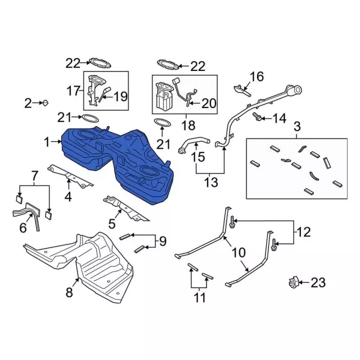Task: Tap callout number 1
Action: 47,143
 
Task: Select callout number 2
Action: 28,103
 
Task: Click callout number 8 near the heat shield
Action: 70,292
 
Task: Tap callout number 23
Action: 318,283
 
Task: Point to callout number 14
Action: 280,118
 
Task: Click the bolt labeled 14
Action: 258,116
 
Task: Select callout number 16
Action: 256,76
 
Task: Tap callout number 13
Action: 211,183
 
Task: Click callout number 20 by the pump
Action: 208,103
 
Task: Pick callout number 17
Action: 74,90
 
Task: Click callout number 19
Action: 121,97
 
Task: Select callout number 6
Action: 23,227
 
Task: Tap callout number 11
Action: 200,298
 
